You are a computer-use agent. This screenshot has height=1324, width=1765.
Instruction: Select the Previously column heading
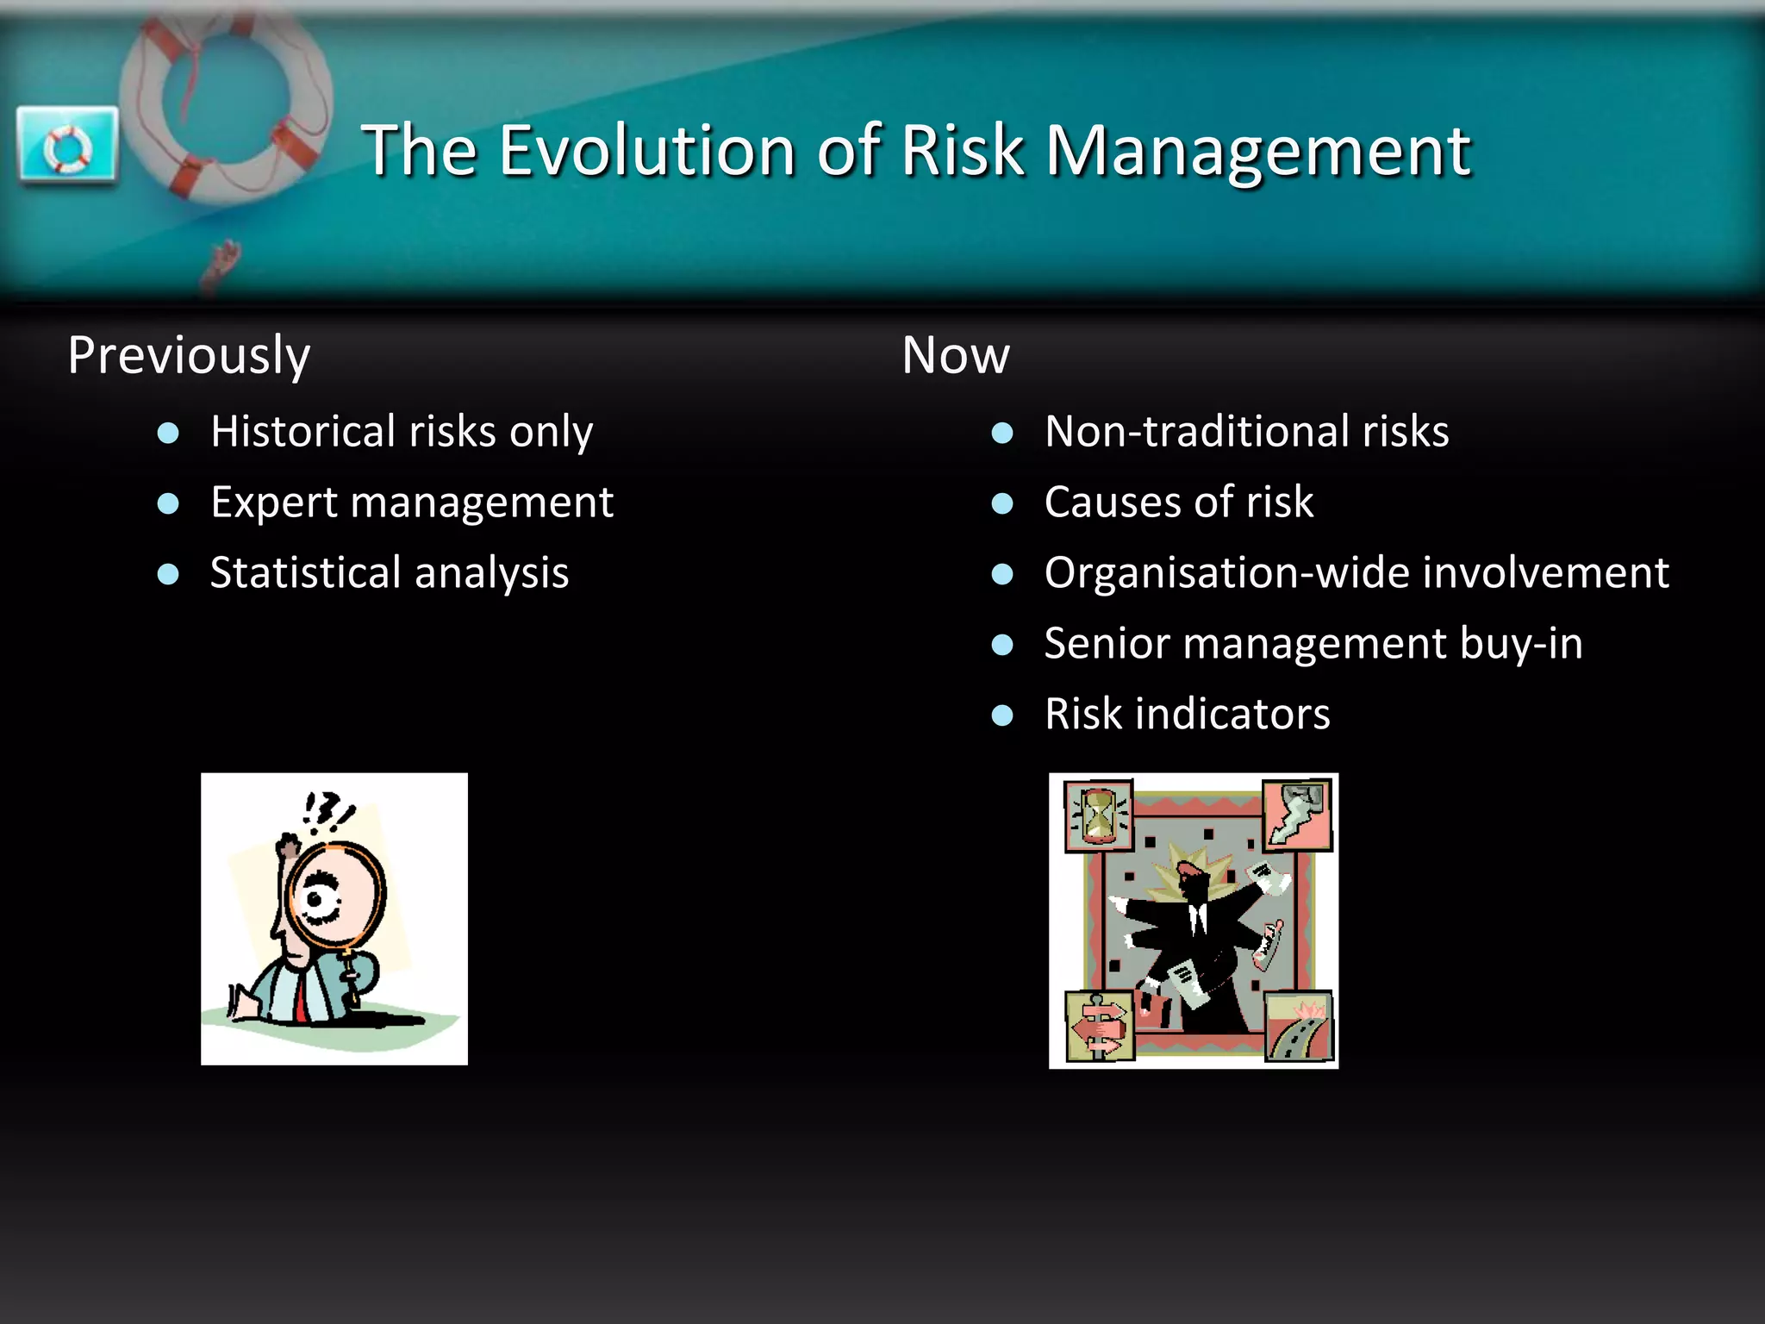[189, 355]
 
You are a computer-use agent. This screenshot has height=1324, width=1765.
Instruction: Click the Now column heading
[955, 355]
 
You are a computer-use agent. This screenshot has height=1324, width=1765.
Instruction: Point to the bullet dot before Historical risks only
[168, 433]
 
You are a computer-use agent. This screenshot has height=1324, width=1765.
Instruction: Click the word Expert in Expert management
[273, 503]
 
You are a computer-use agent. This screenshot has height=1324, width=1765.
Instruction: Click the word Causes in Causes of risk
[1112, 502]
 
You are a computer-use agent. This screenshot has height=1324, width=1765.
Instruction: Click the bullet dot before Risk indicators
[1001, 715]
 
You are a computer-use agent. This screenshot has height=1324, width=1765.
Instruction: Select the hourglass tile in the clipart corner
[1098, 815]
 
